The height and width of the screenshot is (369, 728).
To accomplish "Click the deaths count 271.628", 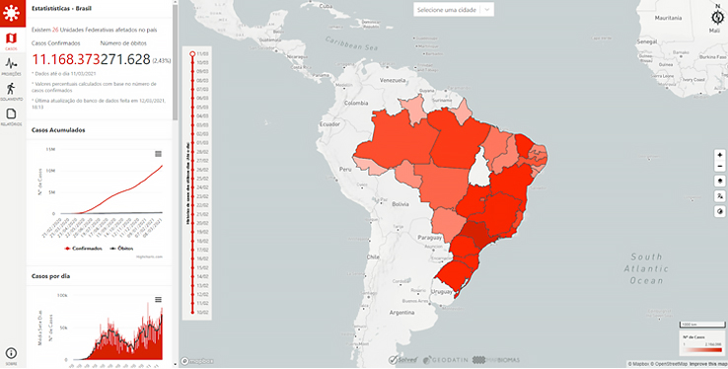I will pyautogui.click(x=125, y=59).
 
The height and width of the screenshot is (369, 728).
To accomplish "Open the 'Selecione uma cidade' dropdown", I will pyautogui.click(x=453, y=9).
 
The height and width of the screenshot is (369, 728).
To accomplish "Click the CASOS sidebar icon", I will pyautogui.click(x=11, y=39).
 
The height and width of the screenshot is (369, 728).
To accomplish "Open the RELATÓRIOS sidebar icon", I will pyautogui.click(x=11, y=116).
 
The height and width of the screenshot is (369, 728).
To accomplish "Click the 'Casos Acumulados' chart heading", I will pyautogui.click(x=58, y=130).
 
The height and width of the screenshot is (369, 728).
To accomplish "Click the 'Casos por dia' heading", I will pyautogui.click(x=51, y=276).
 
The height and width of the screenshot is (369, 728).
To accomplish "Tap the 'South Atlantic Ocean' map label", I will pyautogui.click(x=646, y=268).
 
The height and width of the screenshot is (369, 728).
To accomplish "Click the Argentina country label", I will pyautogui.click(x=400, y=312).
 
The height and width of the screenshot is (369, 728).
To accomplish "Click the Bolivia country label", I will pyautogui.click(x=399, y=203).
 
